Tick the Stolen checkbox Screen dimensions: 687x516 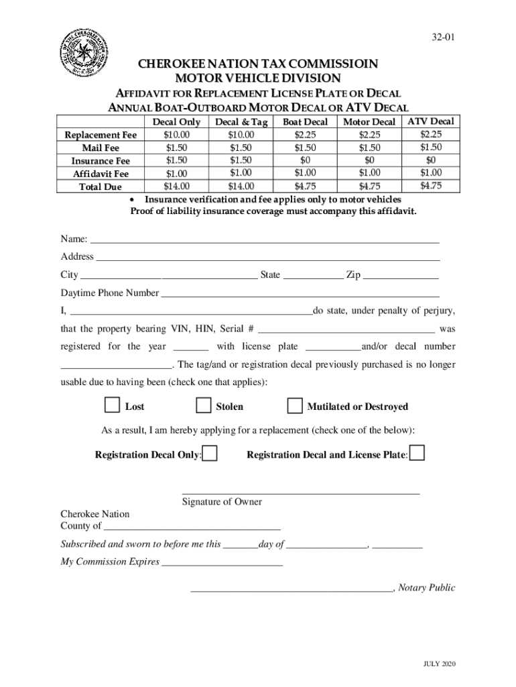(x=203, y=406)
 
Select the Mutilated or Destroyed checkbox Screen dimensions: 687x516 (x=294, y=406)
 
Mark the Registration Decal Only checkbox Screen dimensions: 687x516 (x=210, y=454)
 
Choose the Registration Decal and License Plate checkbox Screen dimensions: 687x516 (x=417, y=454)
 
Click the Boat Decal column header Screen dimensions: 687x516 (x=305, y=122)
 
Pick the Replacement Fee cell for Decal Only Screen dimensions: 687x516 (x=176, y=135)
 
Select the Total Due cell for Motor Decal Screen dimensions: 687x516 (x=369, y=186)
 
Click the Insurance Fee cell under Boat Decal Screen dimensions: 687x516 (x=305, y=160)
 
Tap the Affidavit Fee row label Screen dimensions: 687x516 (x=101, y=174)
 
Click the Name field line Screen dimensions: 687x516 (x=265, y=240)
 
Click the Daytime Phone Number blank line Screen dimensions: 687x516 (x=300, y=293)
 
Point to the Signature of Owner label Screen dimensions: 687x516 (x=222, y=502)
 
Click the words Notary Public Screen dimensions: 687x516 (x=426, y=588)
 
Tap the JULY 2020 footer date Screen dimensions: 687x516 (x=439, y=664)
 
